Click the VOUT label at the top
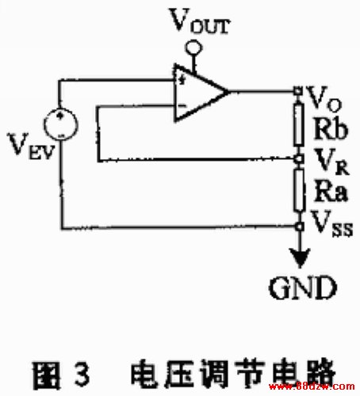click(x=200, y=21)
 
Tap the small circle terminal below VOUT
click(x=193, y=48)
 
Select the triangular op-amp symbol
click(x=200, y=93)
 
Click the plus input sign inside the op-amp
click(x=182, y=79)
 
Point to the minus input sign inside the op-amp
click(x=182, y=105)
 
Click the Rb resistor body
click(x=299, y=125)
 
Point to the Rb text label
click(x=330, y=129)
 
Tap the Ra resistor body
click(x=299, y=190)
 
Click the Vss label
click(x=331, y=223)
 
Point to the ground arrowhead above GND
click(x=300, y=258)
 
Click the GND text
click(x=303, y=287)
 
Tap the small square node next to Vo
click(x=298, y=91)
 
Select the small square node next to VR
click(x=298, y=158)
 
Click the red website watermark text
click(x=312, y=386)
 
